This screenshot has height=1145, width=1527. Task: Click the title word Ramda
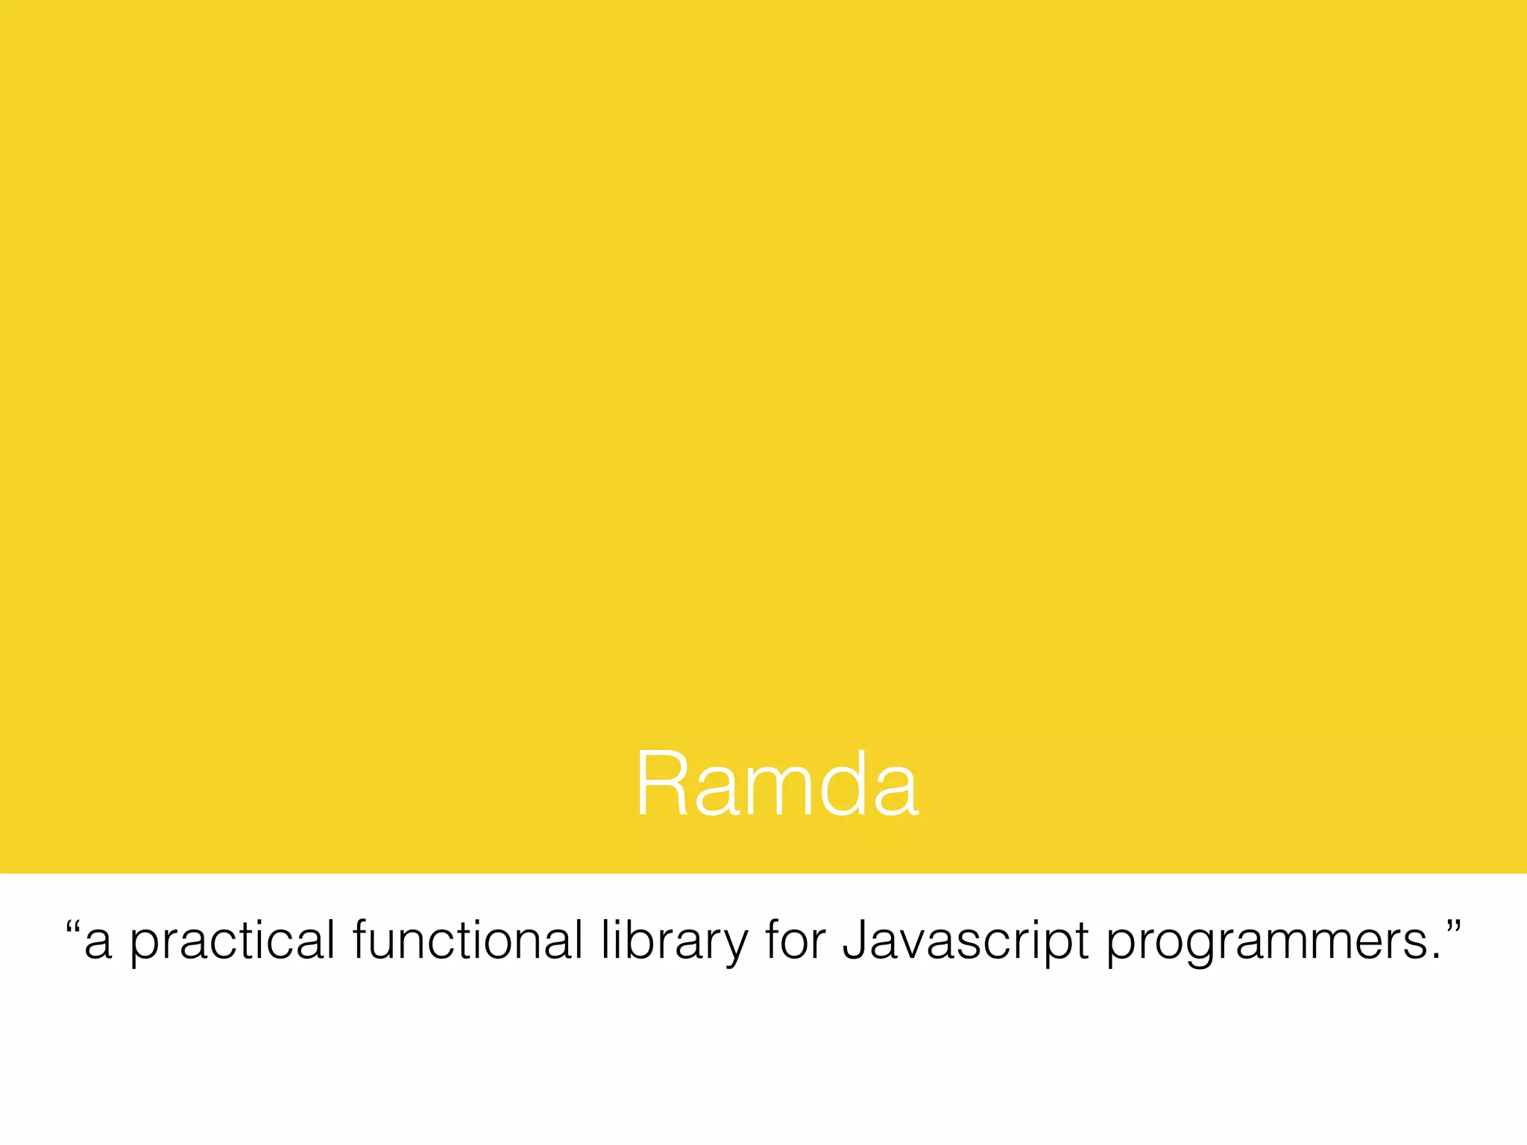click(x=777, y=784)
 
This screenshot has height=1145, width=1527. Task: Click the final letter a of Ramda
click(x=895, y=793)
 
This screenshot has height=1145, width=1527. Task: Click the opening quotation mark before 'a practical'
click(x=72, y=930)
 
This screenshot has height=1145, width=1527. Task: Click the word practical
click(x=233, y=941)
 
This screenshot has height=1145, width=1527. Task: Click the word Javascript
click(x=966, y=941)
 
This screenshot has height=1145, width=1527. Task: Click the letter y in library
click(x=735, y=947)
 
